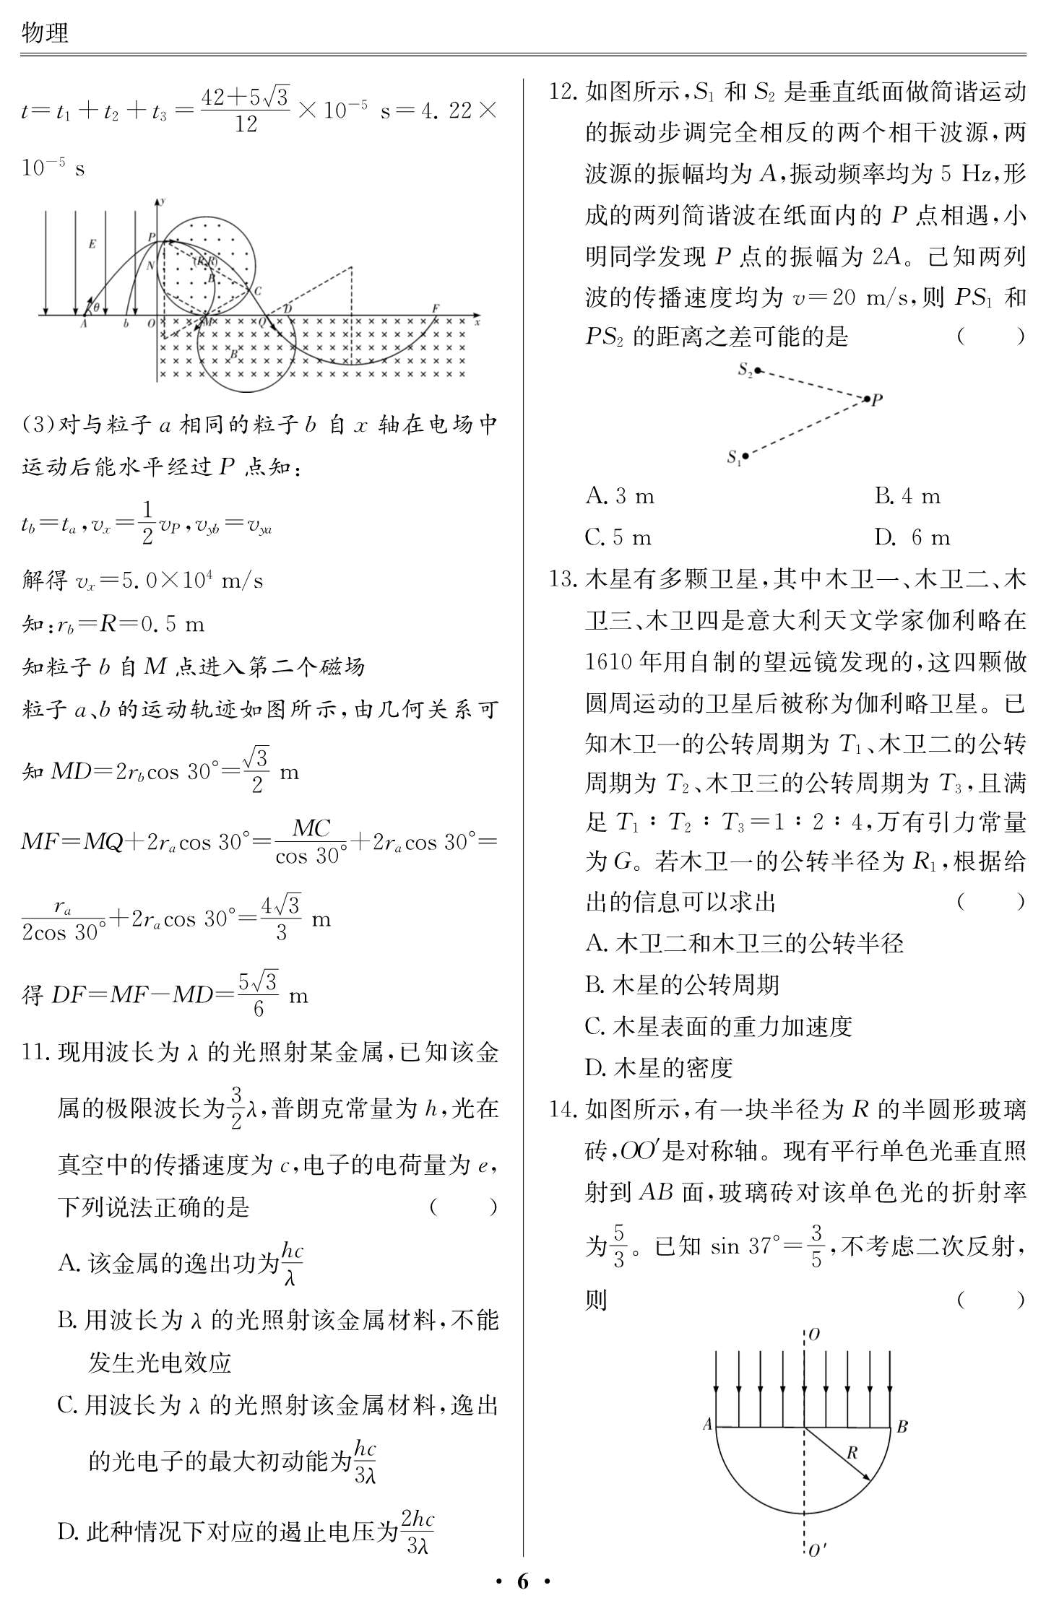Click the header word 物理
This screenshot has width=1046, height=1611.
point(45,32)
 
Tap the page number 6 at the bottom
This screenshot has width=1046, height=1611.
point(522,1581)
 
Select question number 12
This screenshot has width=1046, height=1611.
point(563,92)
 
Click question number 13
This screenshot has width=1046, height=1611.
point(563,579)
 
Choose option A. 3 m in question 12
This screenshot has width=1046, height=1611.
point(620,496)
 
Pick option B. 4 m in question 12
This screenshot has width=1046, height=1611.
point(907,496)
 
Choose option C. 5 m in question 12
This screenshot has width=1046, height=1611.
point(618,537)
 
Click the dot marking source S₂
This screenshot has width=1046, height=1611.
point(758,370)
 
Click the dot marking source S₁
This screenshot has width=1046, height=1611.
point(745,456)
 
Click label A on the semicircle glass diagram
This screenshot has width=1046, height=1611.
point(707,1425)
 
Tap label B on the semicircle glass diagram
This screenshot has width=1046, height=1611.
point(902,1426)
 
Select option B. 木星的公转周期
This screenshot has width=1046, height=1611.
point(682,985)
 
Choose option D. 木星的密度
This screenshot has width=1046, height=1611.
point(659,1067)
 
